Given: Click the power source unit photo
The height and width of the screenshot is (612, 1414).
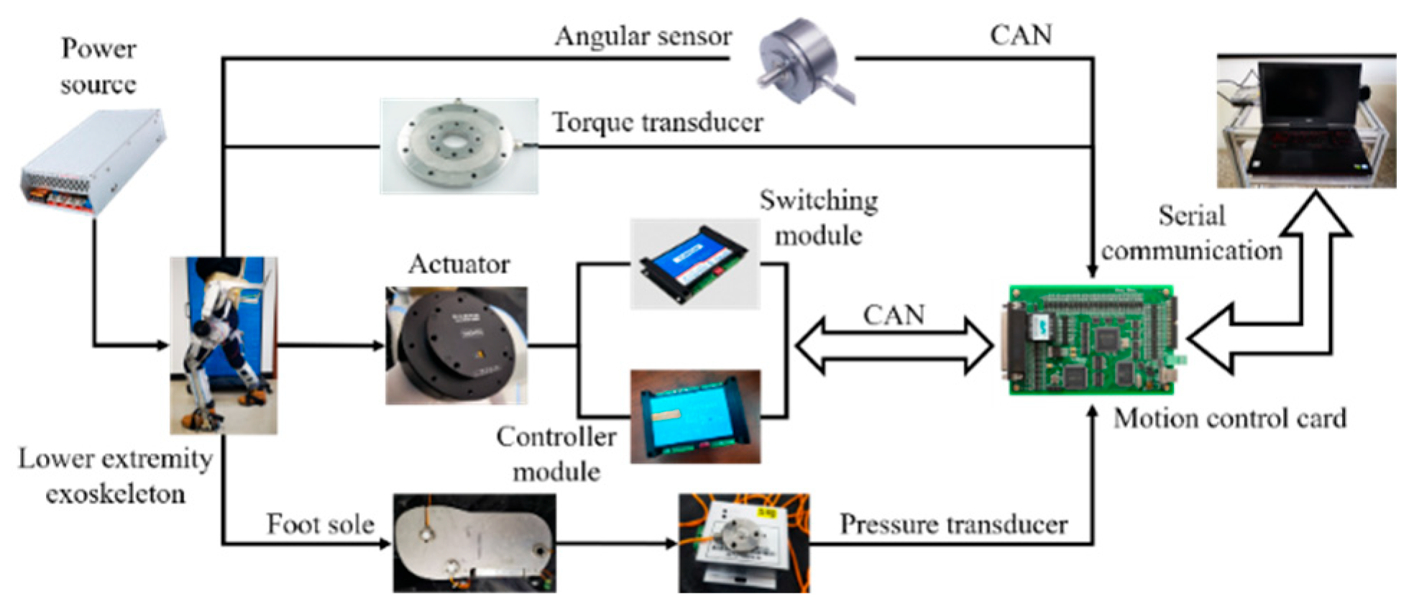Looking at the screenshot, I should click(x=93, y=162).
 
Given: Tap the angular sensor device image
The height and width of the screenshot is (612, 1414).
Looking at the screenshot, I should click(x=802, y=61).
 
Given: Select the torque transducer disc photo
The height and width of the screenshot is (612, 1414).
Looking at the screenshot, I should click(x=458, y=147).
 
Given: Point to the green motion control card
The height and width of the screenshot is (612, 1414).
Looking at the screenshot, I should click(x=1091, y=340).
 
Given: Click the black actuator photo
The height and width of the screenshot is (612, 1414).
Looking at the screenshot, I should click(x=456, y=346).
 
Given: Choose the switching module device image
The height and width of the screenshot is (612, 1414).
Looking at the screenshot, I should click(x=694, y=264).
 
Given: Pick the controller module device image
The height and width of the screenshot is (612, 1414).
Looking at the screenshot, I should click(x=694, y=416).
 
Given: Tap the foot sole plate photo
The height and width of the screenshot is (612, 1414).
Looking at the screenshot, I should click(x=474, y=543).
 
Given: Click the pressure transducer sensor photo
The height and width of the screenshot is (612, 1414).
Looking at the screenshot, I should click(x=743, y=543).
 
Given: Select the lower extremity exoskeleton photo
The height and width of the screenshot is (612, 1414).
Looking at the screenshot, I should click(x=223, y=345).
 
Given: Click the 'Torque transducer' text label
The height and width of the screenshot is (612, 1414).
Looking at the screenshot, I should click(x=657, y=122).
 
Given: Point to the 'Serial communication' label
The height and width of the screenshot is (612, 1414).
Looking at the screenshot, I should click(x=1192, y=233).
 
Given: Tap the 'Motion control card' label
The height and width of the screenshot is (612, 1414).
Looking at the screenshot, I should click(x=1229, y=419).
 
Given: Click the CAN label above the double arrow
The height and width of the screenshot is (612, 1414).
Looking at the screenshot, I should click(x=894, y=315).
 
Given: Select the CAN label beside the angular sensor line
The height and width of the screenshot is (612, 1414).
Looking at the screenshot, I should click(x=1020, y=35).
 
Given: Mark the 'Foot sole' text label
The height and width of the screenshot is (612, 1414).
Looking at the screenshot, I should click(x=320, y=524).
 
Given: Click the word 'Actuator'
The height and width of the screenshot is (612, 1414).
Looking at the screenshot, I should click(x=459, y=264).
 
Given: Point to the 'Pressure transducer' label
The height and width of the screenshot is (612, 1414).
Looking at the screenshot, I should click(x=953, y=524).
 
